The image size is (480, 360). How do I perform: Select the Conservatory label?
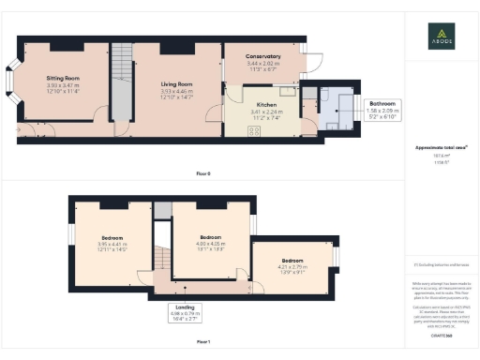(263, 57)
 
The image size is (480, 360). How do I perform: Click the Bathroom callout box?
(382, 109)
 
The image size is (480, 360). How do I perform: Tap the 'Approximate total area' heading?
(442, 148)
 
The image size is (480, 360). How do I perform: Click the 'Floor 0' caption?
(202, 173)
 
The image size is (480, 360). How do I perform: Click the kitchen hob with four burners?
(253, 132)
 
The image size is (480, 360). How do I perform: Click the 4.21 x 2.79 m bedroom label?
(292, 262)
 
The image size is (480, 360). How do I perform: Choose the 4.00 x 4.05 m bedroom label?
(210, 240)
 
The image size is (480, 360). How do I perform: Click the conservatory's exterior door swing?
(315, 60)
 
